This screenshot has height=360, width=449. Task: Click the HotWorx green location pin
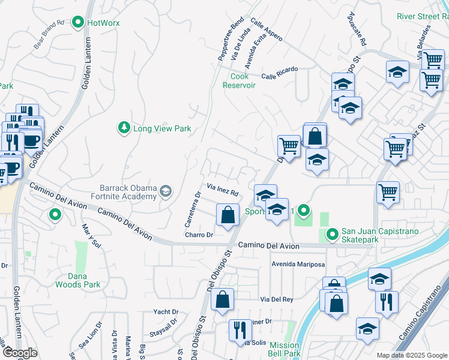pyautogui.click(x=77, y=23)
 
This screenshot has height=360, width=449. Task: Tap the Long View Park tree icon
pyautogui.click(x=124, y=128)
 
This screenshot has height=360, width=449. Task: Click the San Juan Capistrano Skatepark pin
pyautogui.click(x=332, y=235)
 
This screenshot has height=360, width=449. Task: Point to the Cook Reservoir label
pyautogui.click(x=240, y=81)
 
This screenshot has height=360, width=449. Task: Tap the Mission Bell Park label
pyautogui.click(x=284, y=349)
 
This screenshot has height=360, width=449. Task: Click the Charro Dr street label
pyautogui.click(x=199, y=235)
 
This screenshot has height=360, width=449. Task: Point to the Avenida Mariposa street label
pyautogui.click(x=298, y=264)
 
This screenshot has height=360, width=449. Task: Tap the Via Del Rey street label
pyautogui.click(x=277, y=299)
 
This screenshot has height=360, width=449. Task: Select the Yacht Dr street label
pyautogui.click(x=166, y=312)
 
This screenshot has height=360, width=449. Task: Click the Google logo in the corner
pyautogui.click(x=19, y=353)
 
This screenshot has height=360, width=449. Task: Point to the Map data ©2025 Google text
pyautogui.click(x=412, y=355)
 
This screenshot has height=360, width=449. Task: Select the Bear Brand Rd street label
pyautogui.click(x=49, y=34)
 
